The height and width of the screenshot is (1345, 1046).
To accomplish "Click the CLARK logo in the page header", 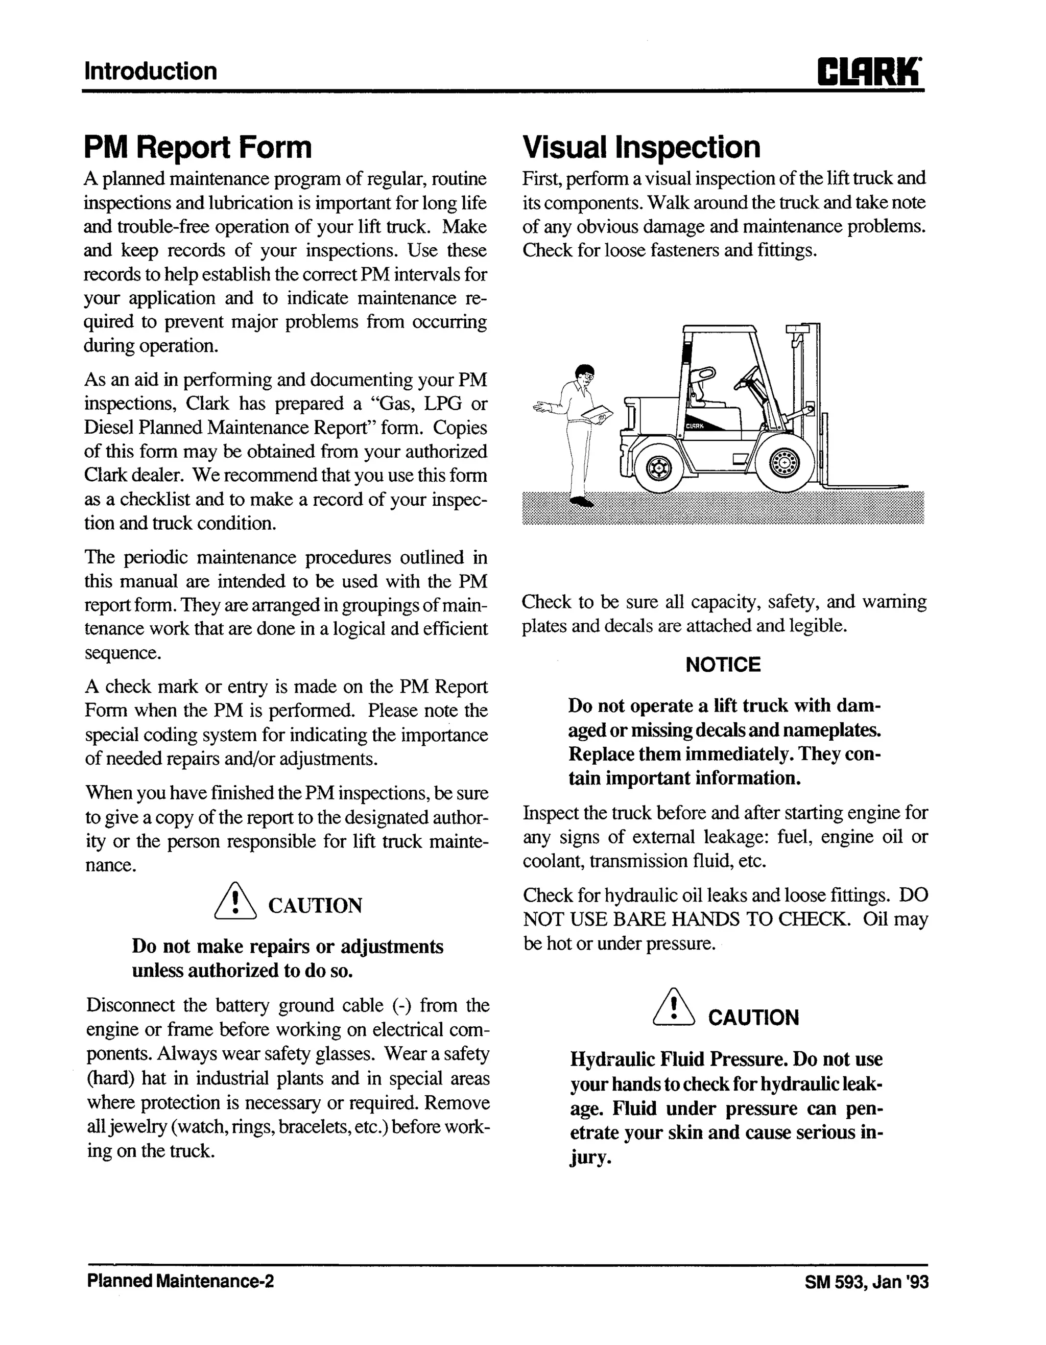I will coord(869,72).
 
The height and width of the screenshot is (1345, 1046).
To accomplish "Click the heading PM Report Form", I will coord(198,148).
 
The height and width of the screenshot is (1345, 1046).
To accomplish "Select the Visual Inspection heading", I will coord(641,148).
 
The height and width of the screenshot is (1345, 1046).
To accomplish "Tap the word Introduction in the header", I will coord(150,72).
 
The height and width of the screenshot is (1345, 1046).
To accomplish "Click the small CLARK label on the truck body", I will coord(695,426).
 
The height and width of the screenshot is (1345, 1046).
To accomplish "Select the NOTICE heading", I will coord(723,665).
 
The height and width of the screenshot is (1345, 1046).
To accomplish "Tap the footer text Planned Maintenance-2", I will coord(180,1282).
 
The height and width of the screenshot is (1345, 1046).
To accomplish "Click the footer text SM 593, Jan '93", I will coord(866,1282).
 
